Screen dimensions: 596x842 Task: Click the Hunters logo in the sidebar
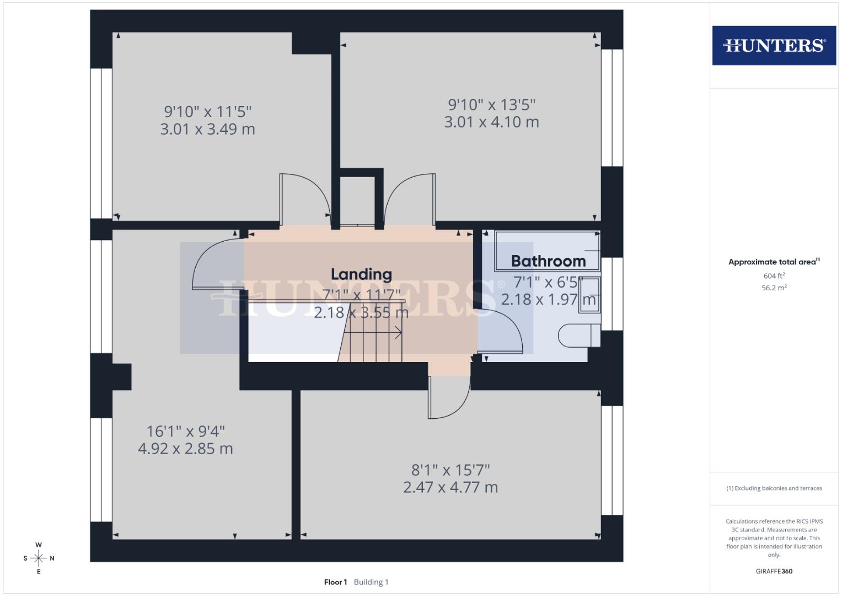[774, 45]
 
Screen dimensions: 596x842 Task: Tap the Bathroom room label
[548, 261]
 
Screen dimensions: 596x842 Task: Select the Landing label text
[361, 274]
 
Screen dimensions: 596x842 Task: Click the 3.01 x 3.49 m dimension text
[207, 129]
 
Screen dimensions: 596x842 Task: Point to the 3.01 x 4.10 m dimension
[491, 122]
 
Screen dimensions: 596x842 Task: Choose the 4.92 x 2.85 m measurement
[185, 449]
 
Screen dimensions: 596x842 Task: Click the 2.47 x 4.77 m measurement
[451, 487]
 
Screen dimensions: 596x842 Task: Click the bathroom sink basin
[589, 295]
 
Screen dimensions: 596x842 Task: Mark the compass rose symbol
[39, 558]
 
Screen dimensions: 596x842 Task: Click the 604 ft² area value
[774, 276]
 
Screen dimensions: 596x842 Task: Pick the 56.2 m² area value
[774, 288]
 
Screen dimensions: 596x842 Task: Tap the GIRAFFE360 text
[774, 571]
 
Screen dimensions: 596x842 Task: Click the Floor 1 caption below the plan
[335, 582]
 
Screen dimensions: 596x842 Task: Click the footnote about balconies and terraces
[774, 488]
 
